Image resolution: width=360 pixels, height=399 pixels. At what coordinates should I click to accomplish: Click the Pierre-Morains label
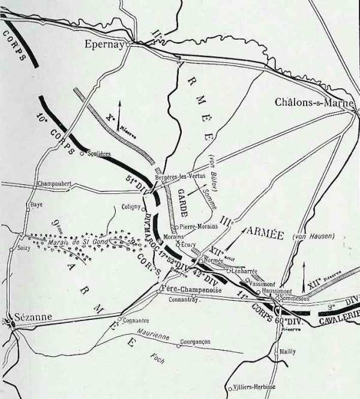tap(199, 226)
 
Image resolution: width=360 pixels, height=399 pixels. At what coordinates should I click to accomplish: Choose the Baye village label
tap(36, 205)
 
